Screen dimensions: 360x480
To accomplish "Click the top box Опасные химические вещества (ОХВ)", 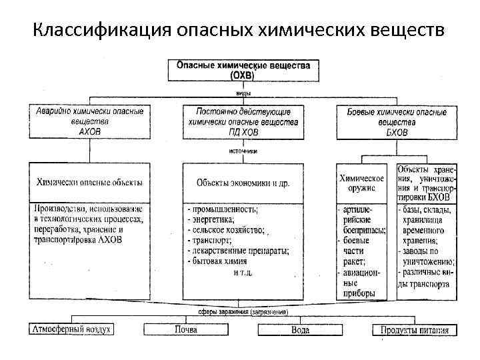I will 243,71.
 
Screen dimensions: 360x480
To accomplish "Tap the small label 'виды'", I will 243,93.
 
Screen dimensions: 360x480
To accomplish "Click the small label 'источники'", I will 243,151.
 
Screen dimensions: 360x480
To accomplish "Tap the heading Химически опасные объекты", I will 89,182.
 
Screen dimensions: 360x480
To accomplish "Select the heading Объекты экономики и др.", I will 243,182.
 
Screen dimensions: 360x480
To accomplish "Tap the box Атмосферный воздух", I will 71,329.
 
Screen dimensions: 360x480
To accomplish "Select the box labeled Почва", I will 185,329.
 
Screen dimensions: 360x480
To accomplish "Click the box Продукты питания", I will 415,329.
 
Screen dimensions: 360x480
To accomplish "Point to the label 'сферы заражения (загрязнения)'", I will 243,311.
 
